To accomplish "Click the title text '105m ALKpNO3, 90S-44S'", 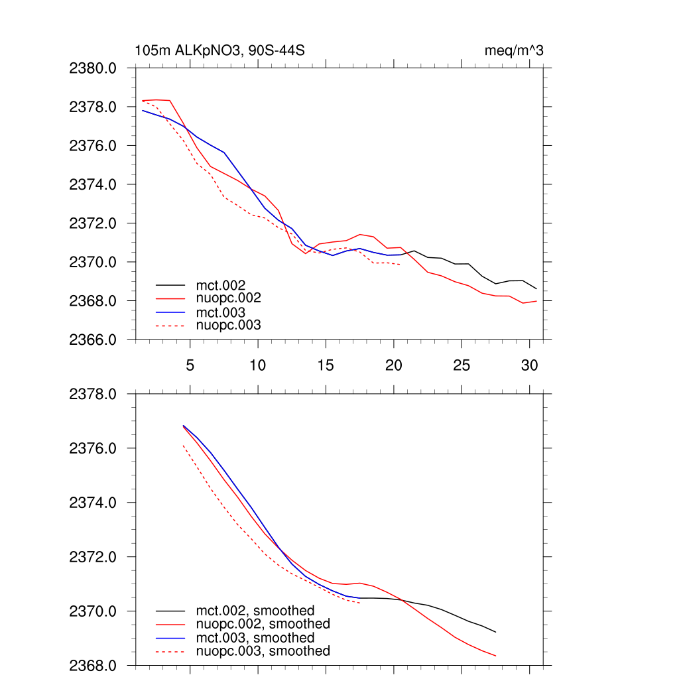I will [x=219, y=50].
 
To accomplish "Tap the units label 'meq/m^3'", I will [x=515, y=50].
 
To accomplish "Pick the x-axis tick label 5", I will [x=190, y=365].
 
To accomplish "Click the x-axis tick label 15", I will [x=326, y=365].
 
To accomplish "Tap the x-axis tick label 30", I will [x=529, y=365].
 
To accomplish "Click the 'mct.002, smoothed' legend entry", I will [x=255, y=610].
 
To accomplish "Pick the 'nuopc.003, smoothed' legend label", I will [x=263, y=651].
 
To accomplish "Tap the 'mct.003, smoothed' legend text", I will [x=255, y=637].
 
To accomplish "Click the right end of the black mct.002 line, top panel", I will [x=536, y=288].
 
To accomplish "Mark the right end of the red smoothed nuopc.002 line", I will [x=496, y=656].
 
